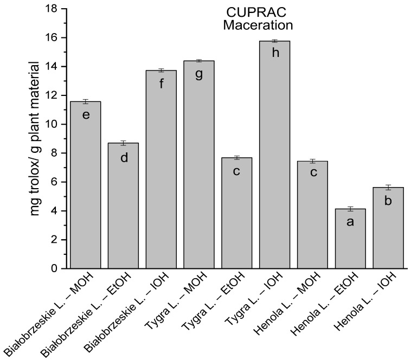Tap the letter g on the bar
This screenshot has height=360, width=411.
198,74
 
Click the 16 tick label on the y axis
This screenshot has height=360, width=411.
53,38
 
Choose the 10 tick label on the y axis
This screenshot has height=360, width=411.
53,124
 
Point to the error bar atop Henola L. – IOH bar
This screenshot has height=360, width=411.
388,187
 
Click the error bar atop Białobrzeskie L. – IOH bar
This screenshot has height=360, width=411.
160,70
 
